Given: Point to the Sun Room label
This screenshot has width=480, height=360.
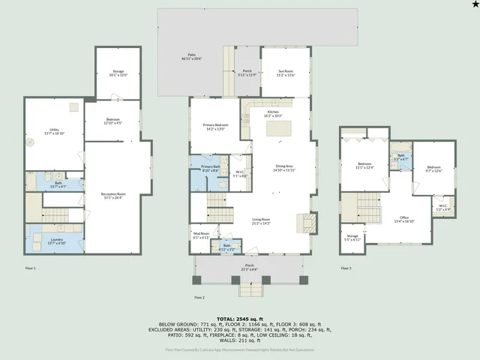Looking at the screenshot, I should [285, 73].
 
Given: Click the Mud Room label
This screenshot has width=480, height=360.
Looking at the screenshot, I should [201, 235].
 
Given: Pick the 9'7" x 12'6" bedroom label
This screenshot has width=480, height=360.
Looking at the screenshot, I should [434, 169].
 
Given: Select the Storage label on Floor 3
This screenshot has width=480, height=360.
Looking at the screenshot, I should [352, 237].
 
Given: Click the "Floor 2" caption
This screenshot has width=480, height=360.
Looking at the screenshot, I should [199, 297].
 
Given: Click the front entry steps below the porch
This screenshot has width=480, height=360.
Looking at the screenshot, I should [250, 289].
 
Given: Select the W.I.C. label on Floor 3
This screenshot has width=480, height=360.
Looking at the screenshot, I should [442, 208].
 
